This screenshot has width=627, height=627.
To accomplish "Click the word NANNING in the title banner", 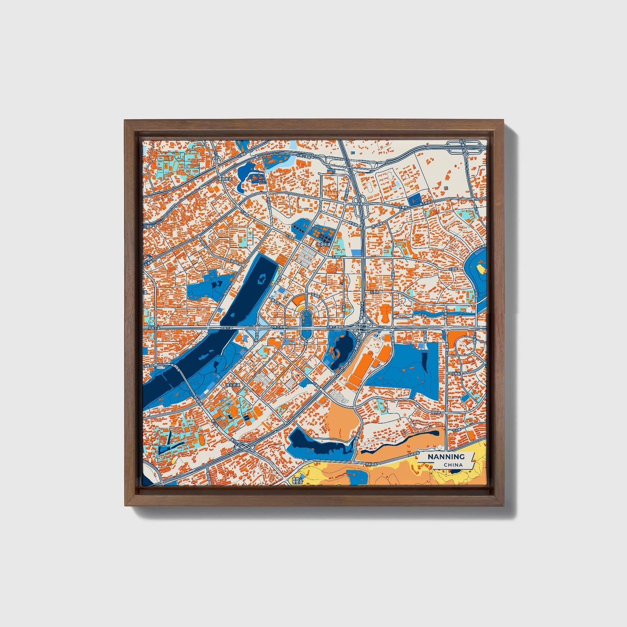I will point(446,456).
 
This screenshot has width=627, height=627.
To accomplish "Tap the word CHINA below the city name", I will point(453,465).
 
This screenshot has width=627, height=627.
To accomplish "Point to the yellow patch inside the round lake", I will point(480,269).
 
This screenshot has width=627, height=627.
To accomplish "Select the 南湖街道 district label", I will point(324,245).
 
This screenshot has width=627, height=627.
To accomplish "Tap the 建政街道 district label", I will point(226,179).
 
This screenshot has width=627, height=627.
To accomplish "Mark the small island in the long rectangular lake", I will point(261,279).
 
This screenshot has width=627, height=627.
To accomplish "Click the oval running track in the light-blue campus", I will point(368,187).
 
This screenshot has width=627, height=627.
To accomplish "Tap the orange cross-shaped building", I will point(385,311).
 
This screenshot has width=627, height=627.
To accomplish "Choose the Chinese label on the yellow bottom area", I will point(296,481).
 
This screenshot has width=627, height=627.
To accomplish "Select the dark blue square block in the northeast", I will point(415,200).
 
